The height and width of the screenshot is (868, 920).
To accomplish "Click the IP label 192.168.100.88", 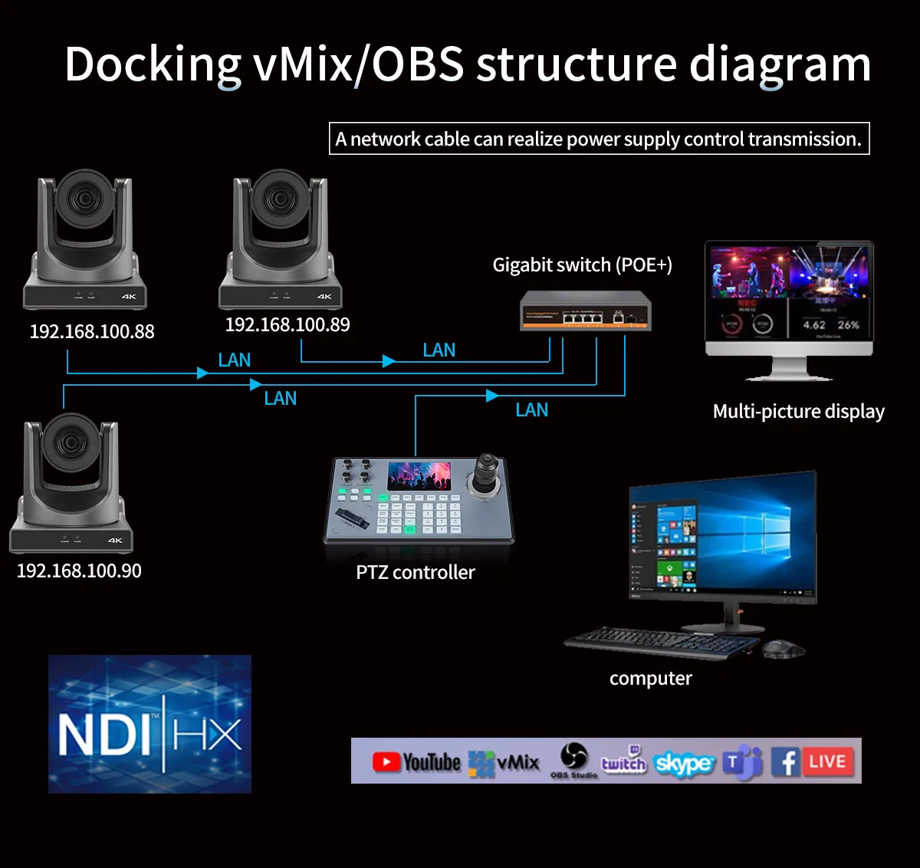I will pyautogui.click(x=92, y=331).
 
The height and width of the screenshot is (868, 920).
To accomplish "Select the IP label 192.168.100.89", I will pyautogui.click(x=287, y=324).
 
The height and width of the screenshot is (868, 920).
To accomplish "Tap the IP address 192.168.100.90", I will pyautogui.click(x=79, y=570).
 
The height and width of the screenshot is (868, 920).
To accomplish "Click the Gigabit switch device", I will pyautogui.click(x=586, y=311).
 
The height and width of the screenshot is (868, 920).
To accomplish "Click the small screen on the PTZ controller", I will pyautogui.click(x=419, y=476).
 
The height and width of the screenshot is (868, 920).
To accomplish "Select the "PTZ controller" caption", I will pyautogui.click(x=416, y=572).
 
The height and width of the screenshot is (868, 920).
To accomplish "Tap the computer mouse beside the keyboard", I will pyautogui.click(x=783, y=649).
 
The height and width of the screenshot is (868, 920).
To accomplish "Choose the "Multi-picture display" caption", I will pyautogui.click(x=798, y=412).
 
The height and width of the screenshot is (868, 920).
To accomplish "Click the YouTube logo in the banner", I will pyautogui.click(x=416, y=761).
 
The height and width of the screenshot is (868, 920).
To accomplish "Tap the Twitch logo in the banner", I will pyautogui.click(x=623, y=761).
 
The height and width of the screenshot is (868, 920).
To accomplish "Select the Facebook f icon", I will pyautogui.click(x=785, y=762).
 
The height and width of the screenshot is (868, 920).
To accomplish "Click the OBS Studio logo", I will pyautogui.click(x=573, y=759).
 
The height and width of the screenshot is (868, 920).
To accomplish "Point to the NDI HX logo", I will pyautogui.click(x=149, y=725).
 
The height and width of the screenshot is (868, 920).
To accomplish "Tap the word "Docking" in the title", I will pyautogui.click(x=153, y=64).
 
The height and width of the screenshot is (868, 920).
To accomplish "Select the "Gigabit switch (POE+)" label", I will pyautogui.click(x=582, y=265).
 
